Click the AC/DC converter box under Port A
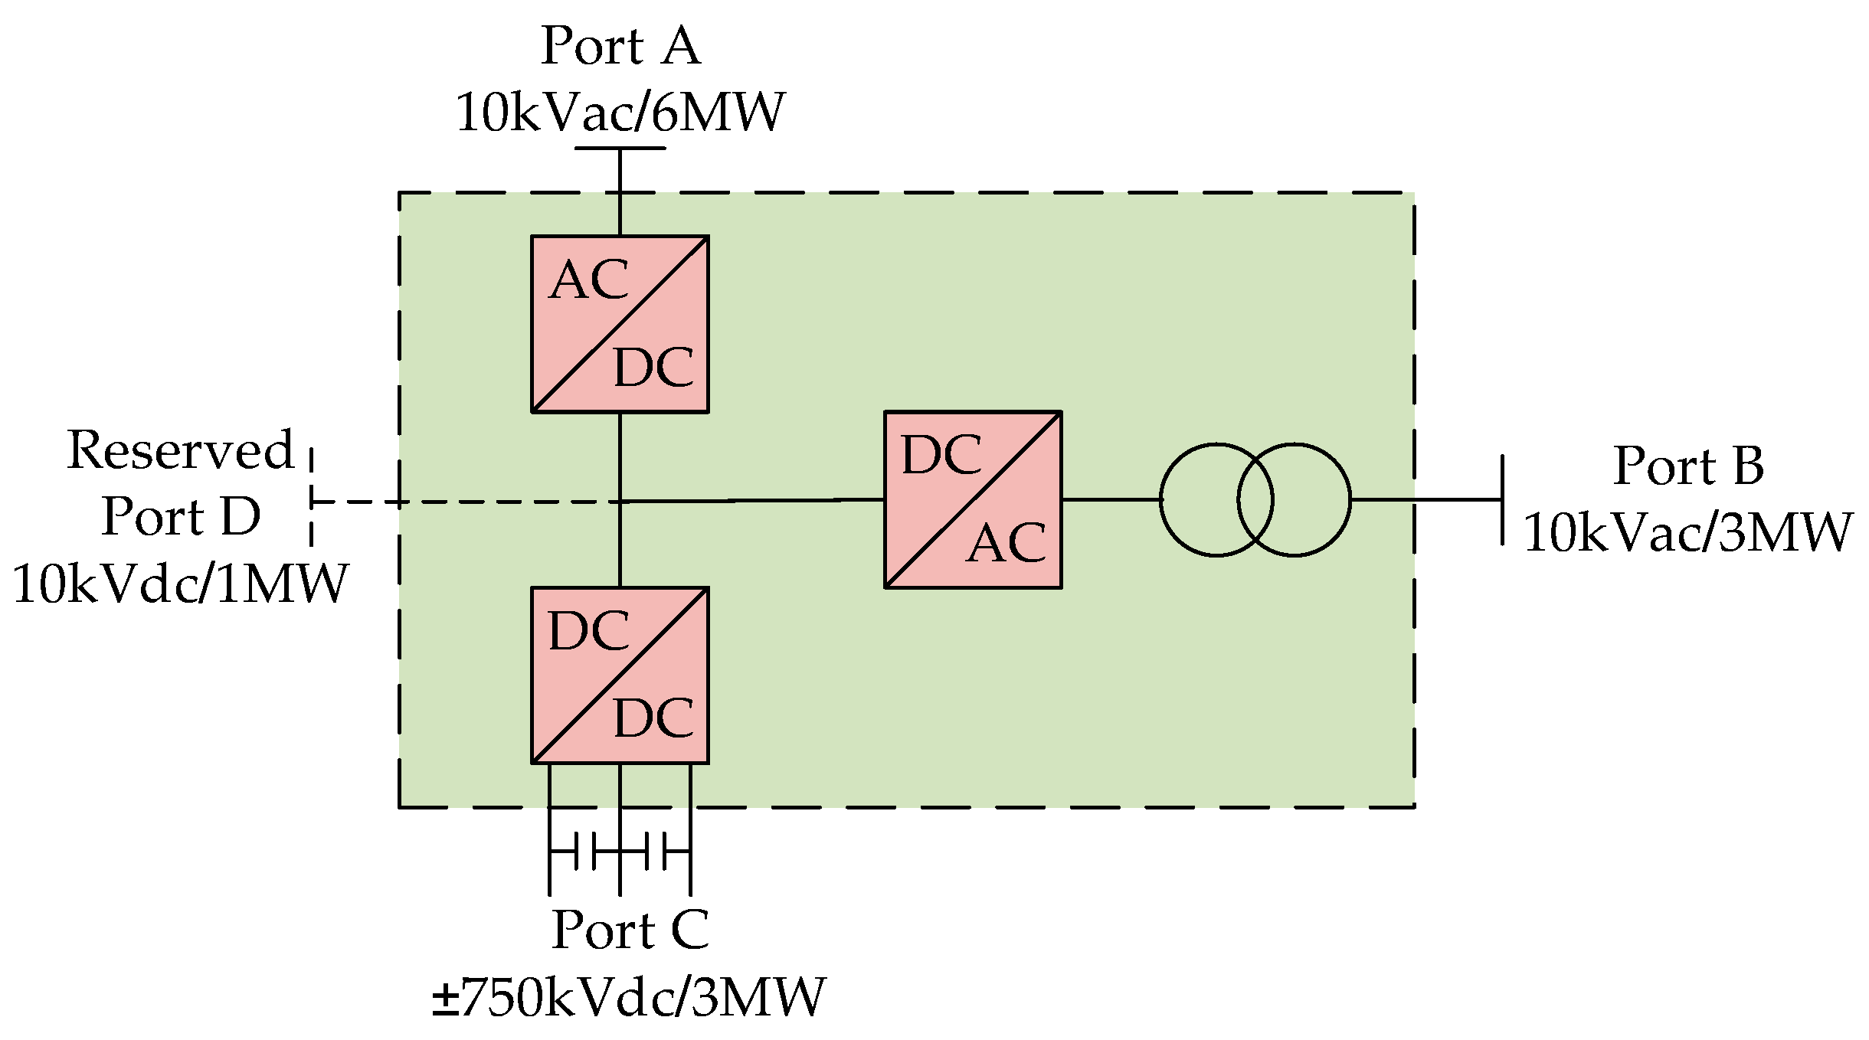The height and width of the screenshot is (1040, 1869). (620, 324)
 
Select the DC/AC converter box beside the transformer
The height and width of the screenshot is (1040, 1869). (973, 499)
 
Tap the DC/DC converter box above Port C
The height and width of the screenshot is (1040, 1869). (620, 675)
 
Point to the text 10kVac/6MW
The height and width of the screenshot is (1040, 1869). (620, 113)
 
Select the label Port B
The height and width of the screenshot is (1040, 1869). (1688, 466)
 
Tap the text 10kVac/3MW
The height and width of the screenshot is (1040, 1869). (1687, 532)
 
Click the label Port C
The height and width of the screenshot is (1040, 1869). (630, 930)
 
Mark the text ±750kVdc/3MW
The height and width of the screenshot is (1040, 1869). (628, 997)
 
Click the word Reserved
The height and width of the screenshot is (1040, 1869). (181, 450)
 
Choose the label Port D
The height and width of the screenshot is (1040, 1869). (181, 516)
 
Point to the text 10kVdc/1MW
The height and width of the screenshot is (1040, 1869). (181, 584)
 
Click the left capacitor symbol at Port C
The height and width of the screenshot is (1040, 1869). (585, 851)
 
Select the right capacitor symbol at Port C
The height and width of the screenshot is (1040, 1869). (656, 851)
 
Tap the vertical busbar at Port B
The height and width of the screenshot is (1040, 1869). (1502, 499)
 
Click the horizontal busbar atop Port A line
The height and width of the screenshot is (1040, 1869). (620, 148)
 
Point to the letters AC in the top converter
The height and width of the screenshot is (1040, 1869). (589, 280)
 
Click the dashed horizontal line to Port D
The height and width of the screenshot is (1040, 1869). (460, 502)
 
